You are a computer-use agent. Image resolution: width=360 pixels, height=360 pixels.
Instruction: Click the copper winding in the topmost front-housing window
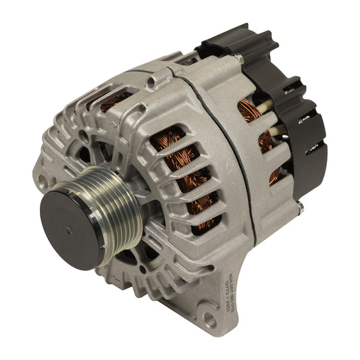(112, 101)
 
